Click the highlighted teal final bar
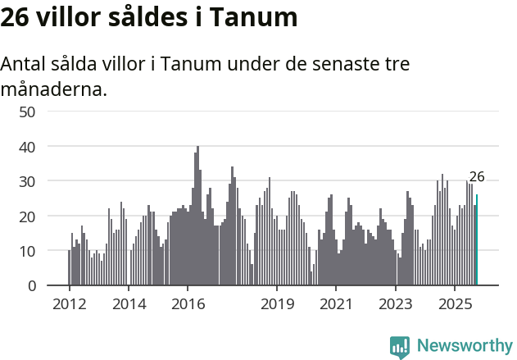477,240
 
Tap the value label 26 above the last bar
477,176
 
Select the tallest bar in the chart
197,216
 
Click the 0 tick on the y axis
31,286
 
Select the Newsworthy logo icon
400,347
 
